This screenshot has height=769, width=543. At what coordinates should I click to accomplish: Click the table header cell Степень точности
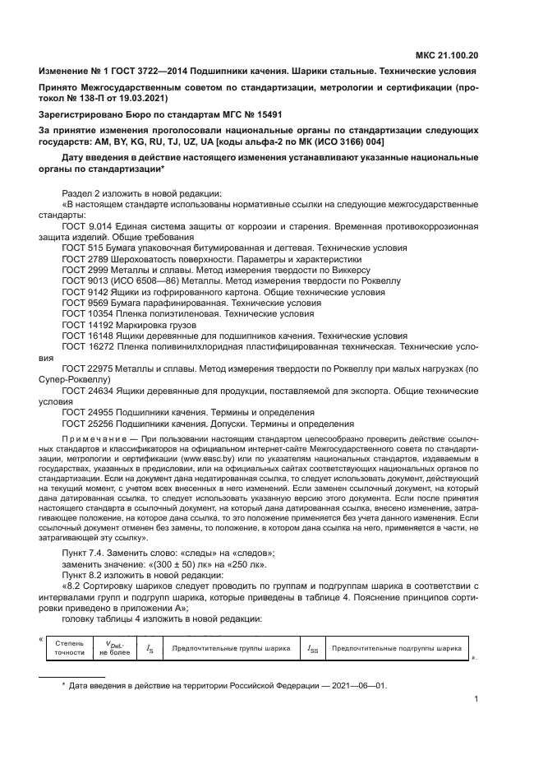(69, 648)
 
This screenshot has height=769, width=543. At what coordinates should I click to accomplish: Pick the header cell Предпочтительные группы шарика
(230, 648)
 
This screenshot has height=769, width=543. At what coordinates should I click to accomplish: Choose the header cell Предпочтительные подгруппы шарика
(396, 648)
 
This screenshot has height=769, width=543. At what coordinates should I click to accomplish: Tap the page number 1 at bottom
(476, 702)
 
